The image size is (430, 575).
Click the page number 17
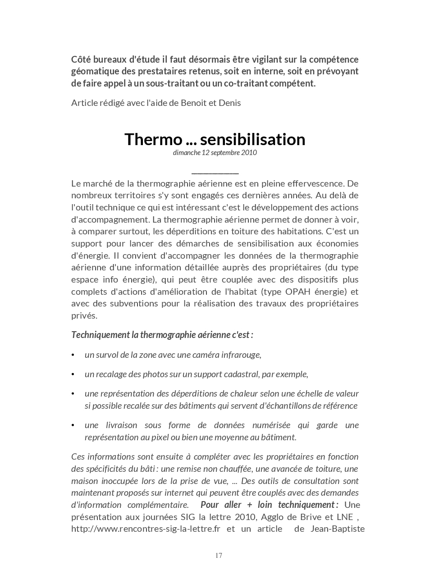(219, 555)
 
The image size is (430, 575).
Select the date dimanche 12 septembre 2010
(215, 152)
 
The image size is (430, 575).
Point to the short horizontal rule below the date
(215, 173)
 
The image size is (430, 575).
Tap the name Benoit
(193, 103)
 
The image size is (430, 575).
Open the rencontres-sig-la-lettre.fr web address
(146, 529)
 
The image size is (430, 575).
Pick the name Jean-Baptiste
(338, 529)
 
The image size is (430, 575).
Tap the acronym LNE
(346, 517)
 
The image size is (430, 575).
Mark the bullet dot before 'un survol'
(73, 355)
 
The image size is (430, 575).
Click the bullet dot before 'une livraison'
(73, 425)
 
